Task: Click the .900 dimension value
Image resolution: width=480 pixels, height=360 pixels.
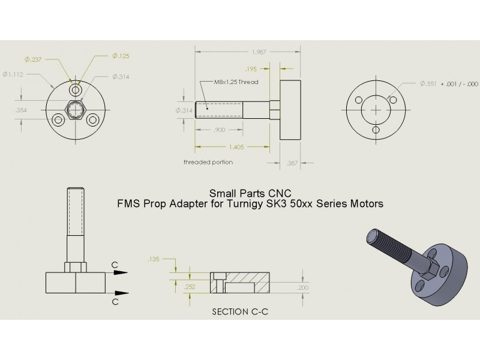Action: click(220, 130)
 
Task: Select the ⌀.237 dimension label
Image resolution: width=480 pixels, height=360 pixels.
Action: click(33, 59)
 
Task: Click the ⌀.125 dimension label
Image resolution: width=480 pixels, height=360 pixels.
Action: click(121, 56)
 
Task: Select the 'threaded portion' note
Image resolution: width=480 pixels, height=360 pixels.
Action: click(208, 162)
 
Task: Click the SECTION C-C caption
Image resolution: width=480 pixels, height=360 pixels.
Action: click(239, 313)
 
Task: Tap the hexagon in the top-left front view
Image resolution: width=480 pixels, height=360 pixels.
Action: click(75, 110)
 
